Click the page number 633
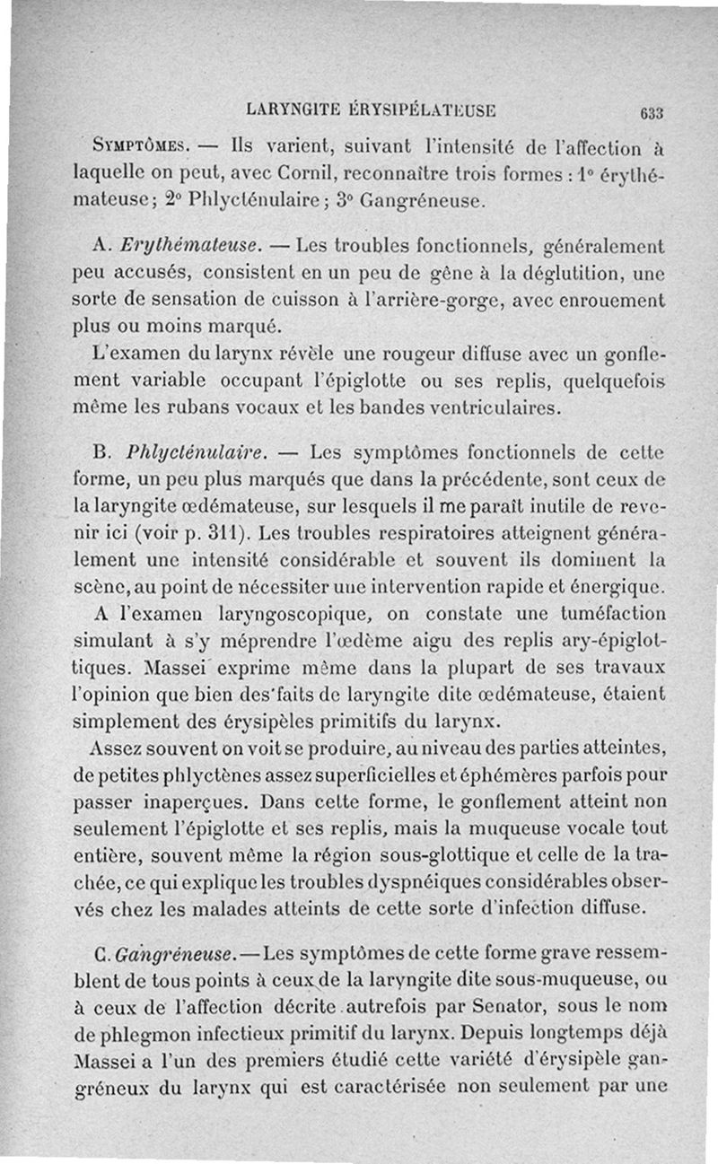tap(652, 113)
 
